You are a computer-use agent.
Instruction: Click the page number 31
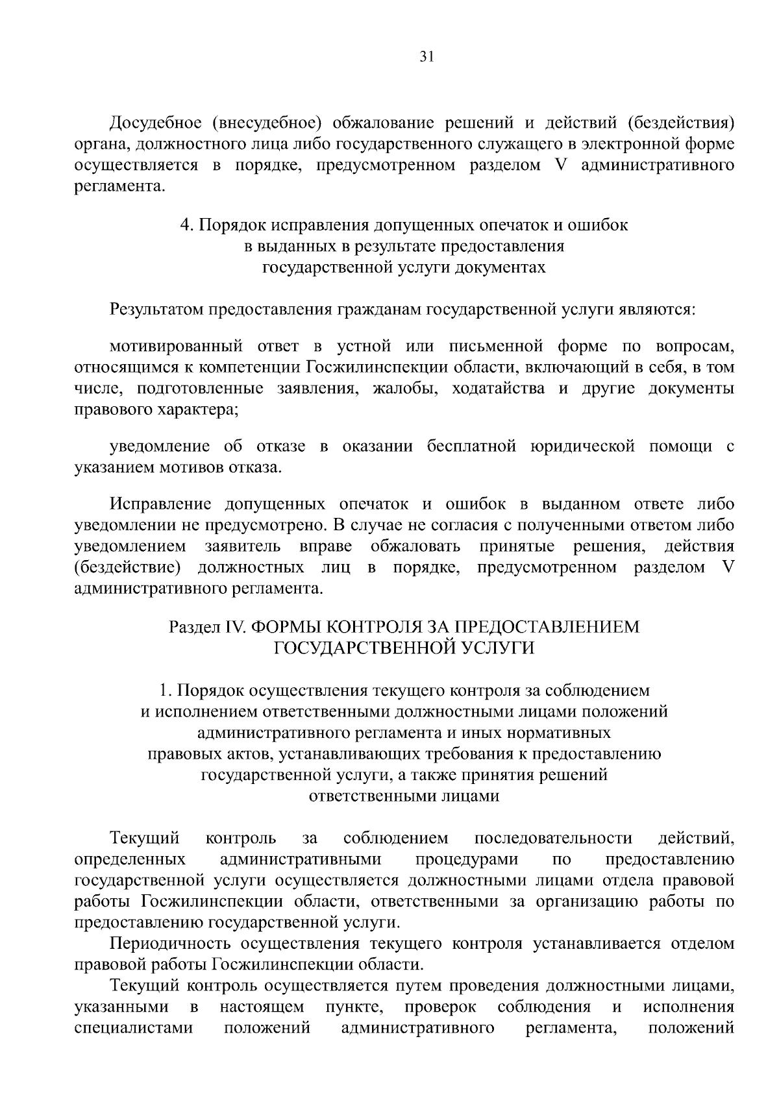pyautogui.click(x=425, y=56)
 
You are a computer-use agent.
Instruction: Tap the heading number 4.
pyautogui.click(x=186, y=226)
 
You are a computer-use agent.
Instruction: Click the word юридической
pyautogui.click(x=582, y=447)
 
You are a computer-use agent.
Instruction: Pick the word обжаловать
pyautogui.click(x=416, y=546)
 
